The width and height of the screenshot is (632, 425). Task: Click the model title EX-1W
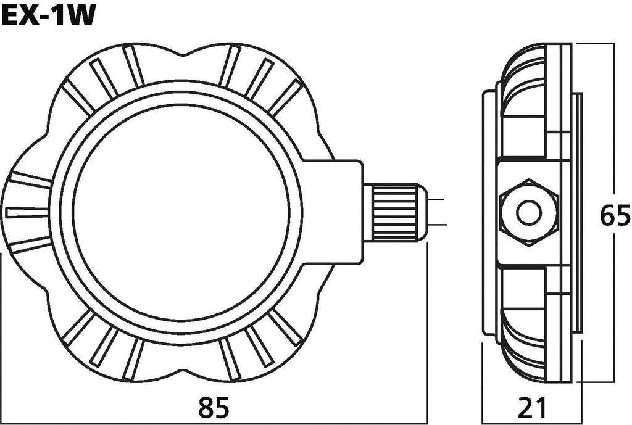tap(48, 15)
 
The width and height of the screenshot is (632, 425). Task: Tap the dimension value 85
tap(214, 408)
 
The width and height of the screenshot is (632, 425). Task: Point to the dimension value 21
tap(532, 408)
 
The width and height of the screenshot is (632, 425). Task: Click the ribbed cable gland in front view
tap(394, 213)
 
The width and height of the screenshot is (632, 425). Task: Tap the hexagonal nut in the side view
tap(530, 213)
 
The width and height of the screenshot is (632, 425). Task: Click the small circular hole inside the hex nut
tap(530, 213)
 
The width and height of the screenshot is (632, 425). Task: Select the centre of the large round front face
tap(181, 213)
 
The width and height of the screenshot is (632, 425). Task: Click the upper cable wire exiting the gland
tap(435, 200)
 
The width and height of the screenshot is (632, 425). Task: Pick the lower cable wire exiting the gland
tap(435, 226)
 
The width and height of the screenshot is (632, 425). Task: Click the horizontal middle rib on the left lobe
tap(27, 212)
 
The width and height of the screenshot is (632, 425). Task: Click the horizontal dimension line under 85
tap(214, 423)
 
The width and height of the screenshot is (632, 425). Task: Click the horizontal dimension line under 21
tap(532, 423)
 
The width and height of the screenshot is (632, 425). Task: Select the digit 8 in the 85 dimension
tap(205, 408)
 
